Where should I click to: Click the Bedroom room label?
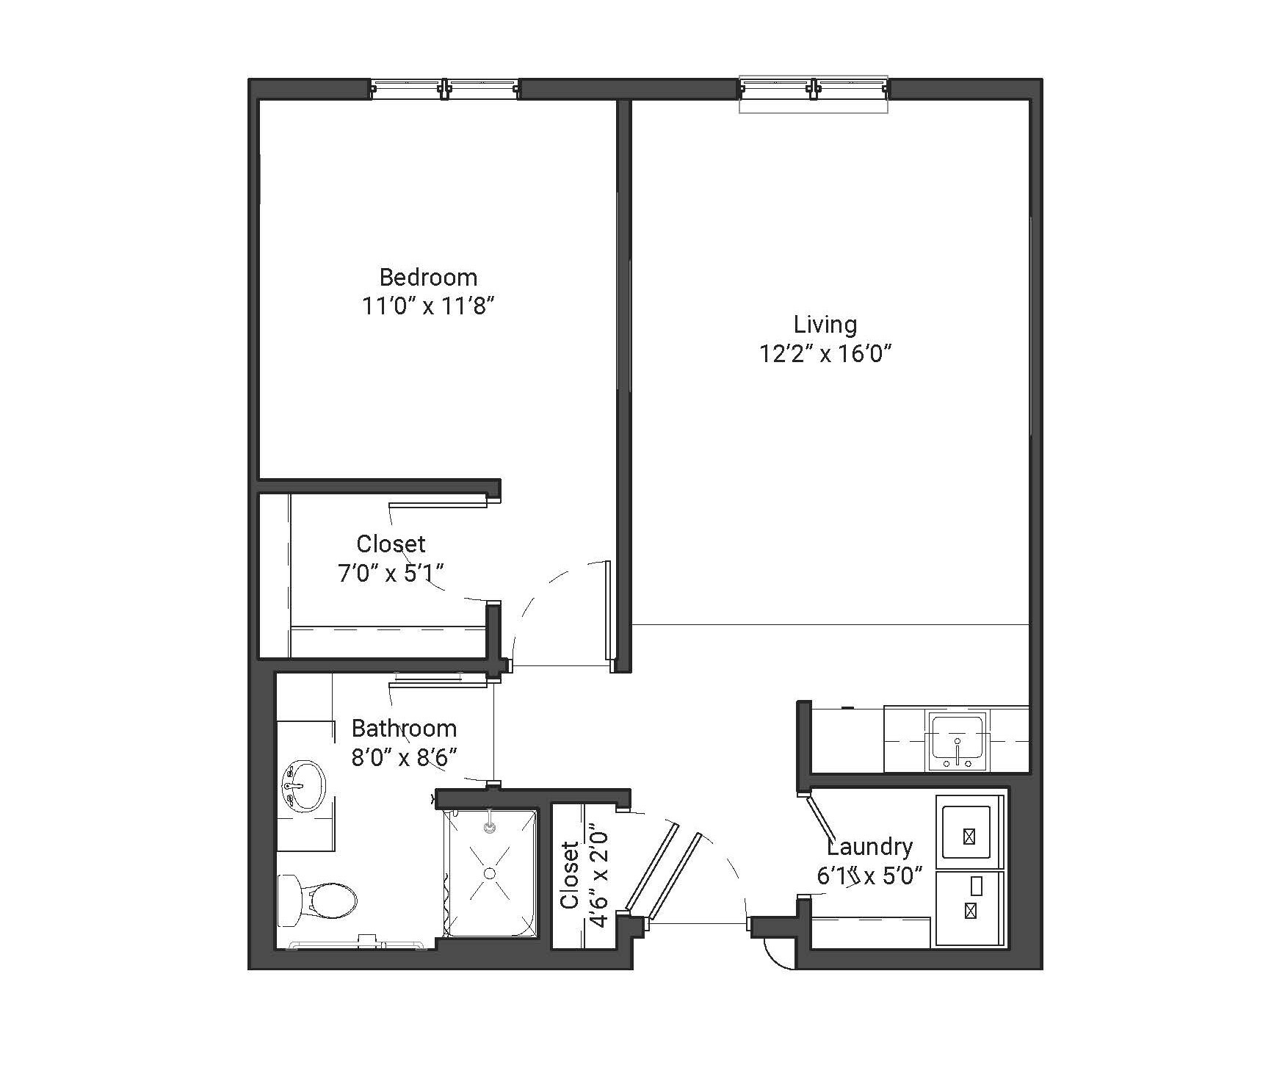(428, 277)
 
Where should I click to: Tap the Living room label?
(825, 324)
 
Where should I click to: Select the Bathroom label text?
(404, 728)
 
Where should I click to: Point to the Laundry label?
(870, 847)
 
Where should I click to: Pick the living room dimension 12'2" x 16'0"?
(825, 354)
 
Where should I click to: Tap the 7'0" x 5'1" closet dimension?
(391, 572)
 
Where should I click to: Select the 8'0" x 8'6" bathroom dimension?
(404, 757)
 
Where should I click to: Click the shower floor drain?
(489, 873)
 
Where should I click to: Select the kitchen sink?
(958, 740)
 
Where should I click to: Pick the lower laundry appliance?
(969, 909)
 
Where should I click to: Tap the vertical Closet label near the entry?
(570, 876)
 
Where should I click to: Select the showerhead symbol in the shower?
(490, 827)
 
